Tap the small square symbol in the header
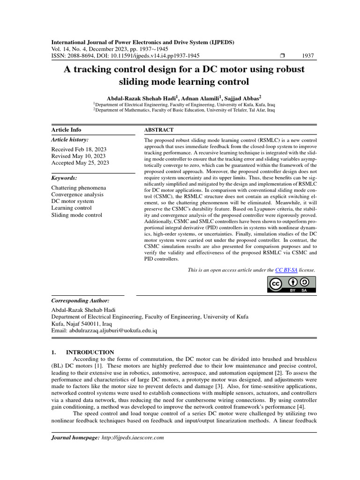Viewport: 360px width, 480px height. tap(282, 55)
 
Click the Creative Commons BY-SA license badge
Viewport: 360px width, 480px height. tap(292, 285)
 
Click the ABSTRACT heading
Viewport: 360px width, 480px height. tap(158, 130)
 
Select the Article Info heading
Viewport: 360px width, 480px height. tap(66, 130)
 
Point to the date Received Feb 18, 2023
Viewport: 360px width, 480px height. tap(79, 149)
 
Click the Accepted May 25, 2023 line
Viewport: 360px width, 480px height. tap(80, 163)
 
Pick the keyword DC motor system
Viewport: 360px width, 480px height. tap(72, 201)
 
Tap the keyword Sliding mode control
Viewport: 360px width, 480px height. tap(76, 215)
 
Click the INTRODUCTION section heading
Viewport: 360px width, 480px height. tap(90, 352)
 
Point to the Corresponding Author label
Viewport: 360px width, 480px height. tap(80, 300)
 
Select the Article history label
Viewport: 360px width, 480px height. tap(69, 140)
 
